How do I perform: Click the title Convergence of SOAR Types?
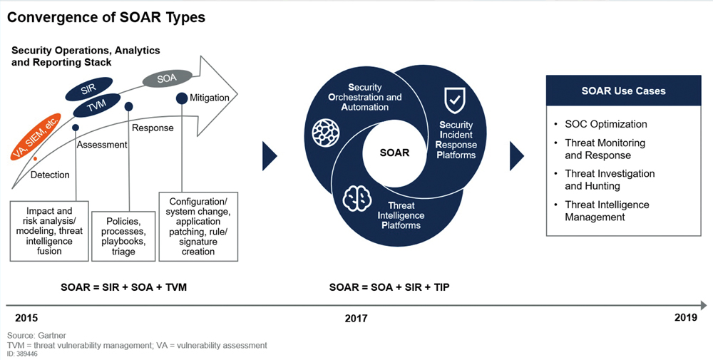(x=106, y=17)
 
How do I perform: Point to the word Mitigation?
(x=210, y=98)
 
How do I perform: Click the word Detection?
(x=50, y=175)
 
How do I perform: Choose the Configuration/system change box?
(x=198, y=225)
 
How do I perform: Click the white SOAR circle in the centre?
(x=394, y=153)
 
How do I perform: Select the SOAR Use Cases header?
(x=624, y=91)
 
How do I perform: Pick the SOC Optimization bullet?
(x=606, y=124)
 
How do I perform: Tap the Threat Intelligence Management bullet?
(x=607, y=211)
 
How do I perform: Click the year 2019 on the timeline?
(x=685, y=318)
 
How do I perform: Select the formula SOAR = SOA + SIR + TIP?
(x=389, y=287)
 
